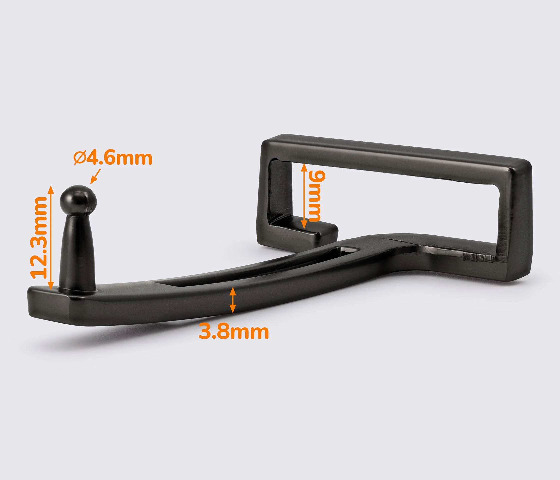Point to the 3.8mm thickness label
point(234,332)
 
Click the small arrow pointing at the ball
point(96,176)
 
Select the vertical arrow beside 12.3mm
point(51,238)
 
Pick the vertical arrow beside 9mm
point(304,196)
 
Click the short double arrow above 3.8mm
point(233,300)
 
